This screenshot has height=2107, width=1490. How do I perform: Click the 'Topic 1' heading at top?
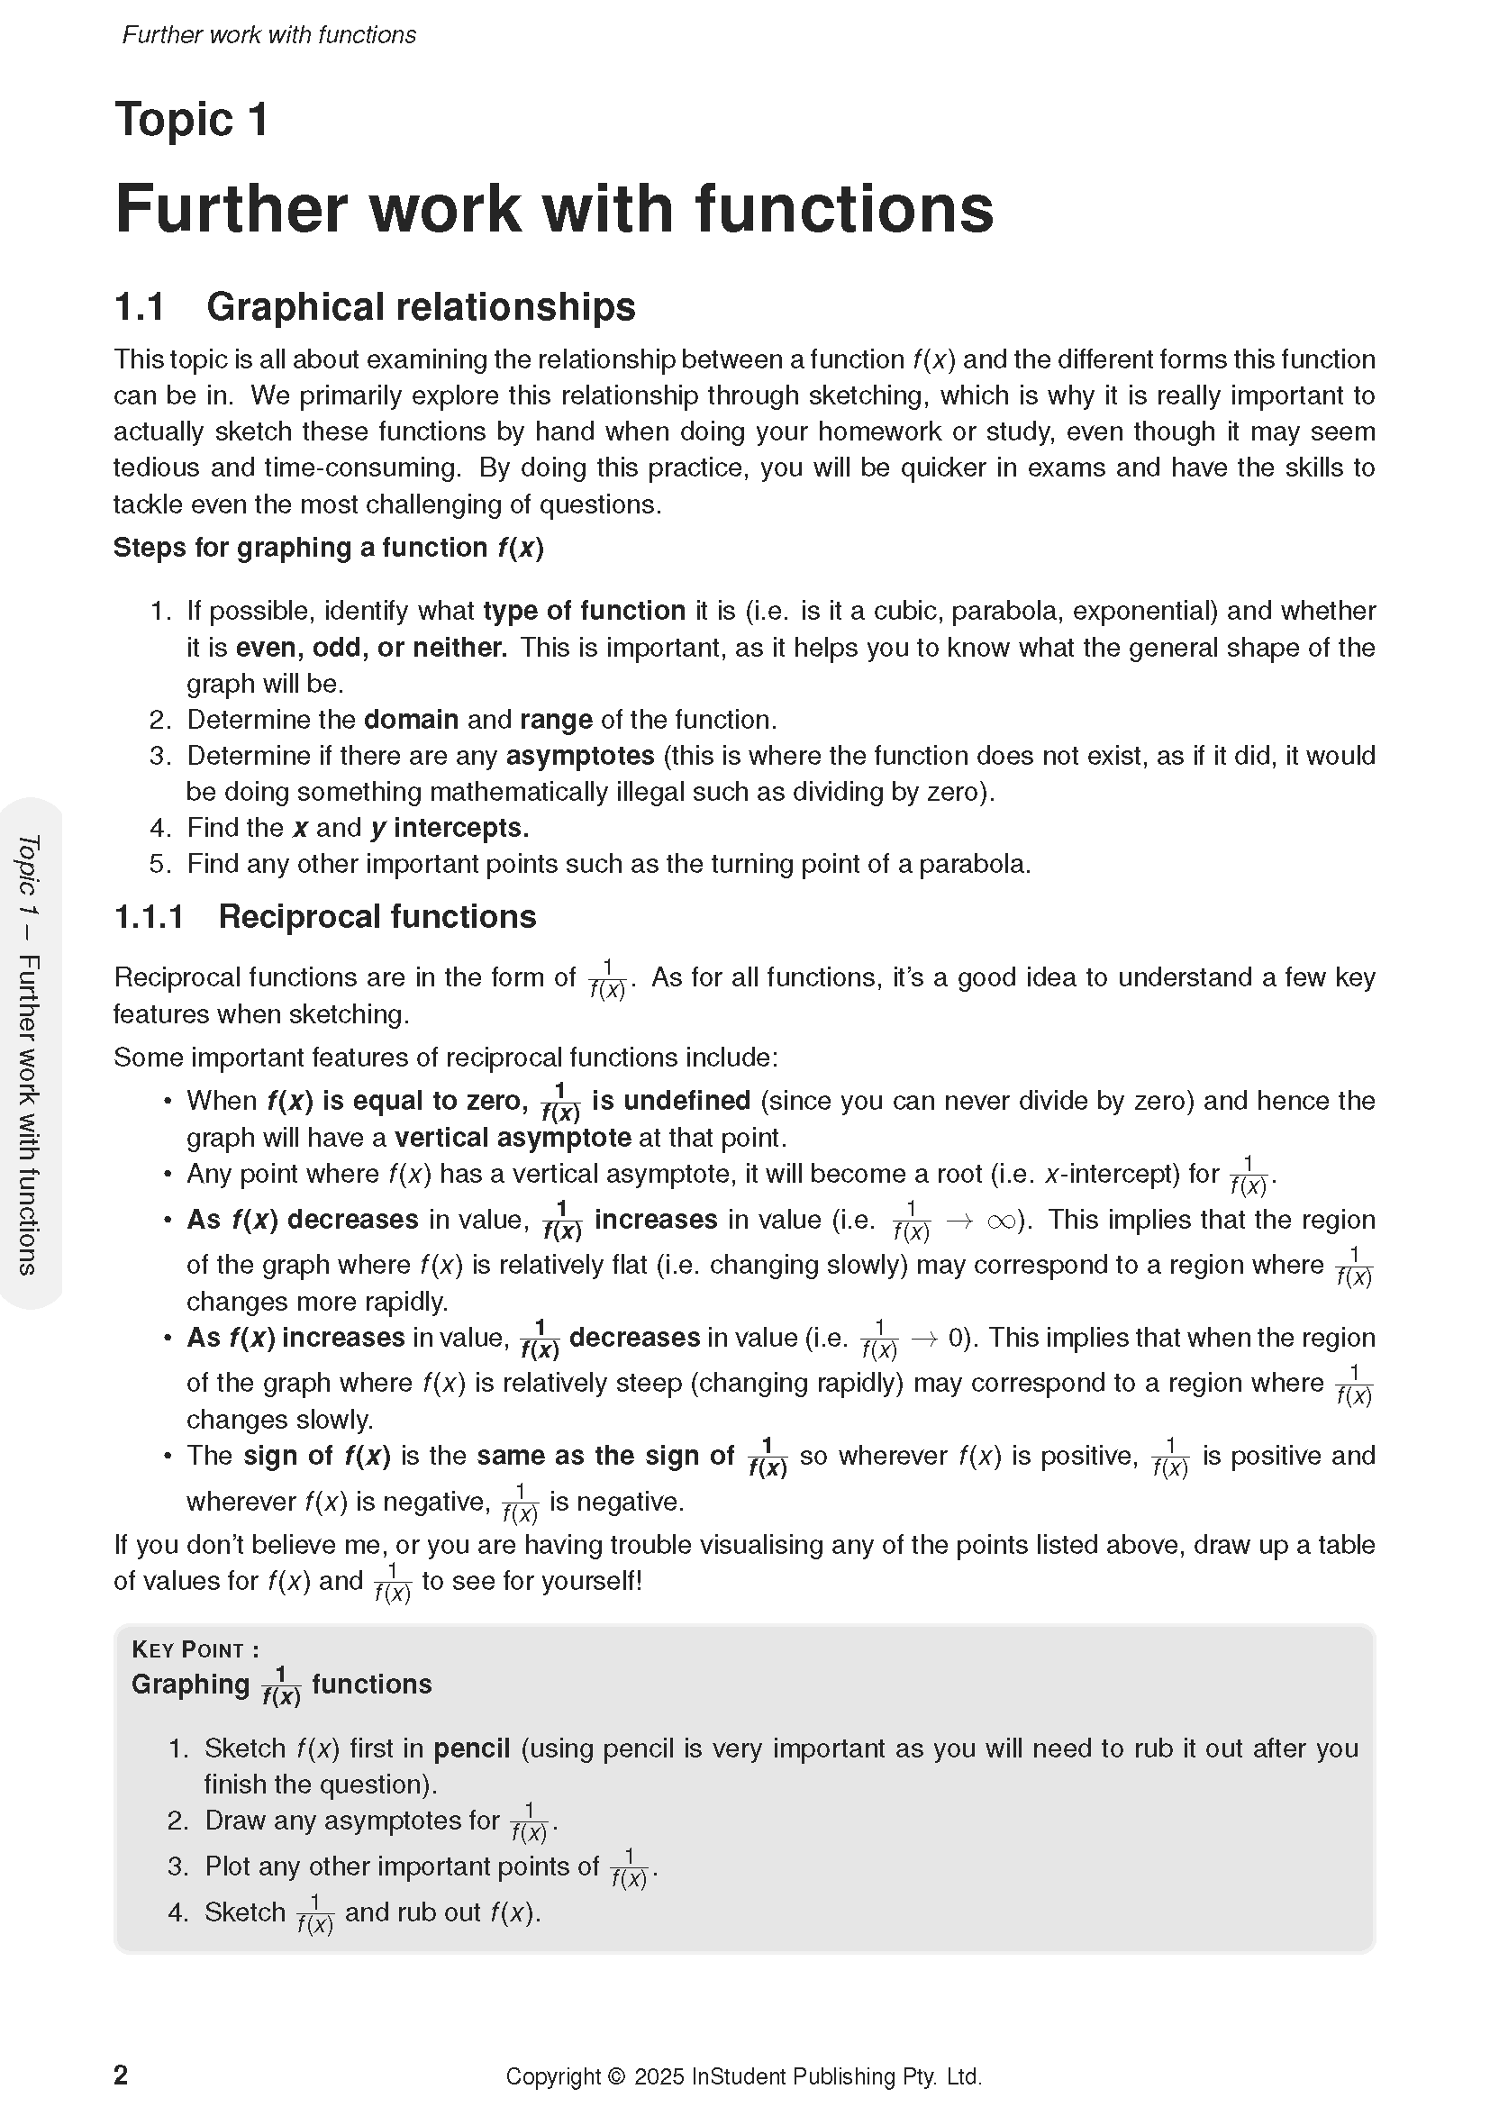pyautogui.click(x=191, y=120)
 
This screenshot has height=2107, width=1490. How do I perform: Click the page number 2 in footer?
pyautogui.click(x=120, y=2075)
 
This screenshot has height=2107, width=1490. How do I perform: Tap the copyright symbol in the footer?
pyautogui.click(x=614, y=2076)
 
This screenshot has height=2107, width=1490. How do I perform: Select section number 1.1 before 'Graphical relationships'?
pyautogui.click(x=139, y=307)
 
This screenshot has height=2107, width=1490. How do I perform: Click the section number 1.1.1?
pyautogui.click(x=149, y=917)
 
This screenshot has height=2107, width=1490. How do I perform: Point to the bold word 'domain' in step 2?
pyautogui.click(x=411, y=720)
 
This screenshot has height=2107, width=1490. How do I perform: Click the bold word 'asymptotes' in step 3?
pyautogui.click(x=580, y=756)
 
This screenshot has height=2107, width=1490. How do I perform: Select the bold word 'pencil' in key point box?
pyautogui.click(x=470, y=1748)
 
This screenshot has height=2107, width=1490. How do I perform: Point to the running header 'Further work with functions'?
pyautogui.click(x=268, y=35)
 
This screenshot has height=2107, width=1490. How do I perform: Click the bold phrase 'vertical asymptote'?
pyautogui.click(x=512, y=1138)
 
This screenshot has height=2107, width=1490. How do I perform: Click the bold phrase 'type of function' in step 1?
pyautogui.click(x=584, y=611)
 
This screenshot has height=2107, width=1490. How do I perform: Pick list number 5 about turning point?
pyautogui.click(x=160, y=865)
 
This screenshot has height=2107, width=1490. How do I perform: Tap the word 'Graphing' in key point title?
pyautogui.click(x=190, y=1685)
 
